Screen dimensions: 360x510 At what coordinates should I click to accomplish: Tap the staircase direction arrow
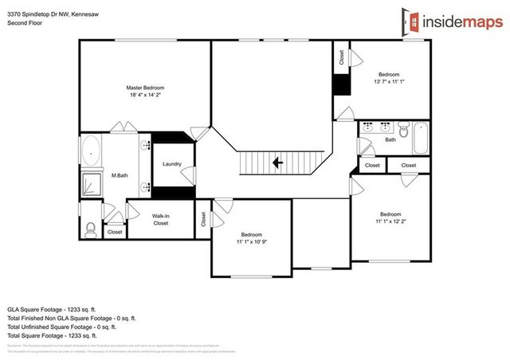click(x=278, y=162)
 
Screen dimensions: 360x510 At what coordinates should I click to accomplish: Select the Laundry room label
click(x=172, y=164)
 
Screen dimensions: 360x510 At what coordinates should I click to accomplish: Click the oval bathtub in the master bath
click(x=92, y=151)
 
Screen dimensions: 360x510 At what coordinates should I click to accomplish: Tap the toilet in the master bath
click(x=90, y=229)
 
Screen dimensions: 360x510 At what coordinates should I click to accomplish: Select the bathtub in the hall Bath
click(x=419, y=139)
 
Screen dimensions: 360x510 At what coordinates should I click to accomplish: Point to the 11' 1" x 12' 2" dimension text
click(x=390, y=222)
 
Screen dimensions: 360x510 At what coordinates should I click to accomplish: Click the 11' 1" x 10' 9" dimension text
click(x=252, y=241)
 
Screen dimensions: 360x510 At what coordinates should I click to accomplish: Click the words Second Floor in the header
click(x=24, y=24)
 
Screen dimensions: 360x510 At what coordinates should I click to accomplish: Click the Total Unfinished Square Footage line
click(x=62, y=326)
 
